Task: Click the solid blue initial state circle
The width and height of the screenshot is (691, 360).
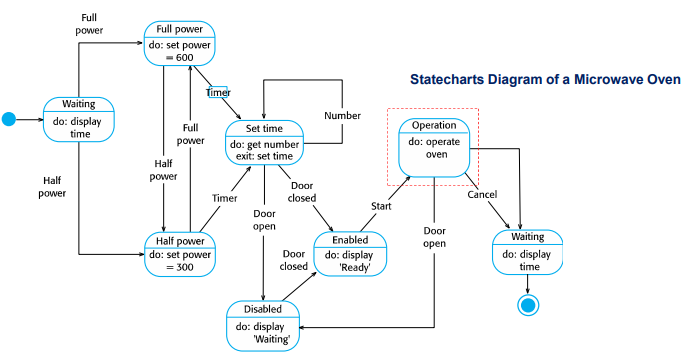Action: tap(9, 119)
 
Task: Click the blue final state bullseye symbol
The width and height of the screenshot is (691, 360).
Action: tap(528, 305)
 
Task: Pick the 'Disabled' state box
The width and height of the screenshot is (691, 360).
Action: tap(263, 325)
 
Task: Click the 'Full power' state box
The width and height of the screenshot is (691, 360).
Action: tap(180, 43)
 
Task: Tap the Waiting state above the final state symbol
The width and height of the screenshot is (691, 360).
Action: tap(527, 253)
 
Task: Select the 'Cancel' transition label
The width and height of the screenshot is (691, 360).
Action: tap(482, 194)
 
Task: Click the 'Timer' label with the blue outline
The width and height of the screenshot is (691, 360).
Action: tap(218, 92)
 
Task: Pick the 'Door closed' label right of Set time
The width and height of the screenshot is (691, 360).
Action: tap(303, 192)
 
